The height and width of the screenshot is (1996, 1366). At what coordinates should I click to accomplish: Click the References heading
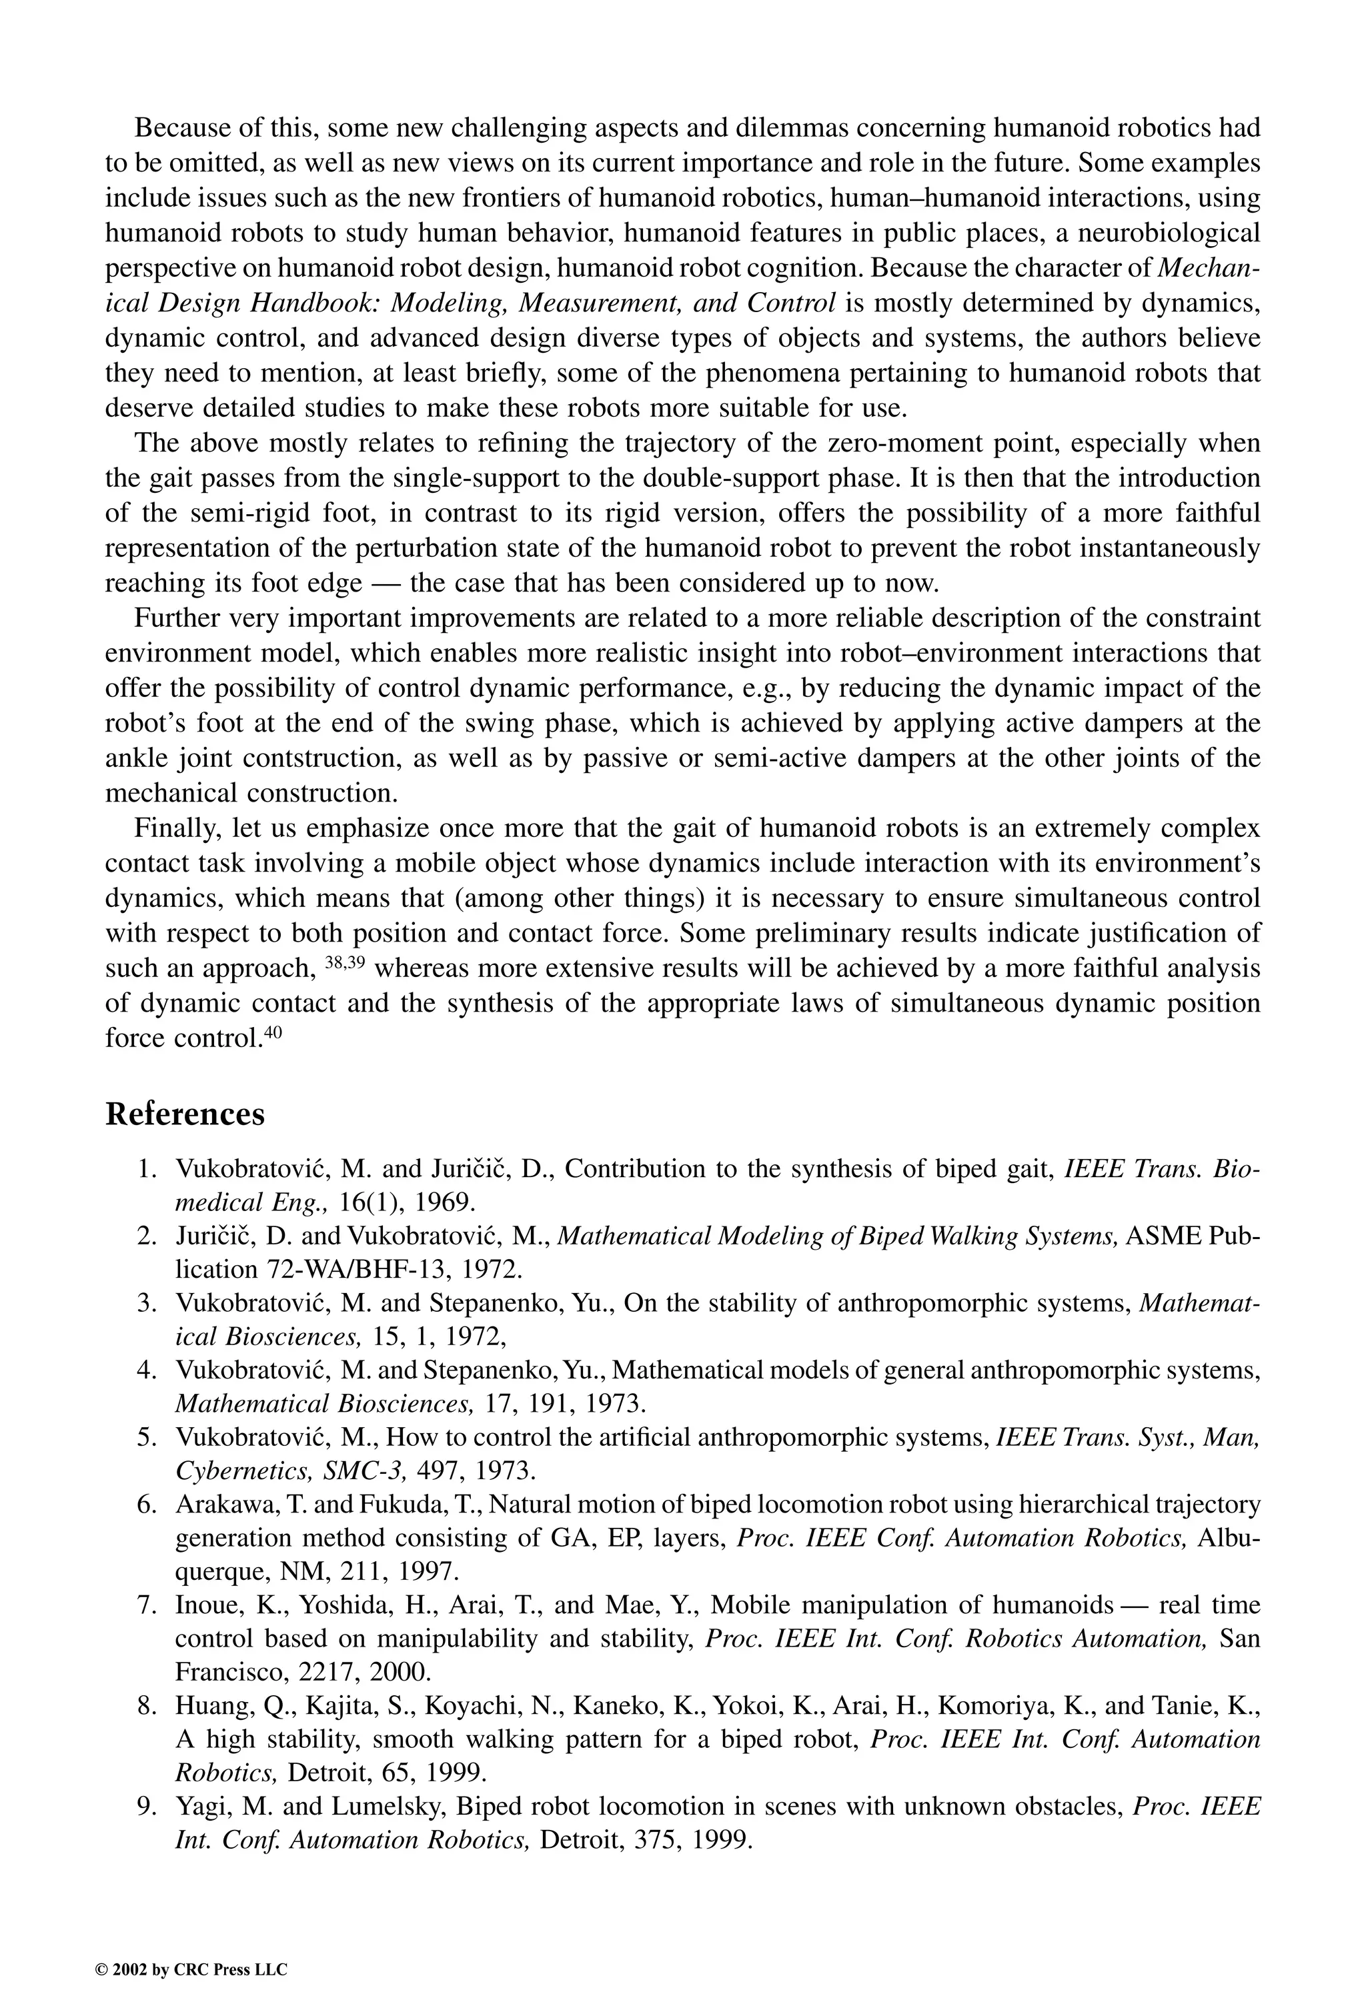tap(185, 1115)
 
